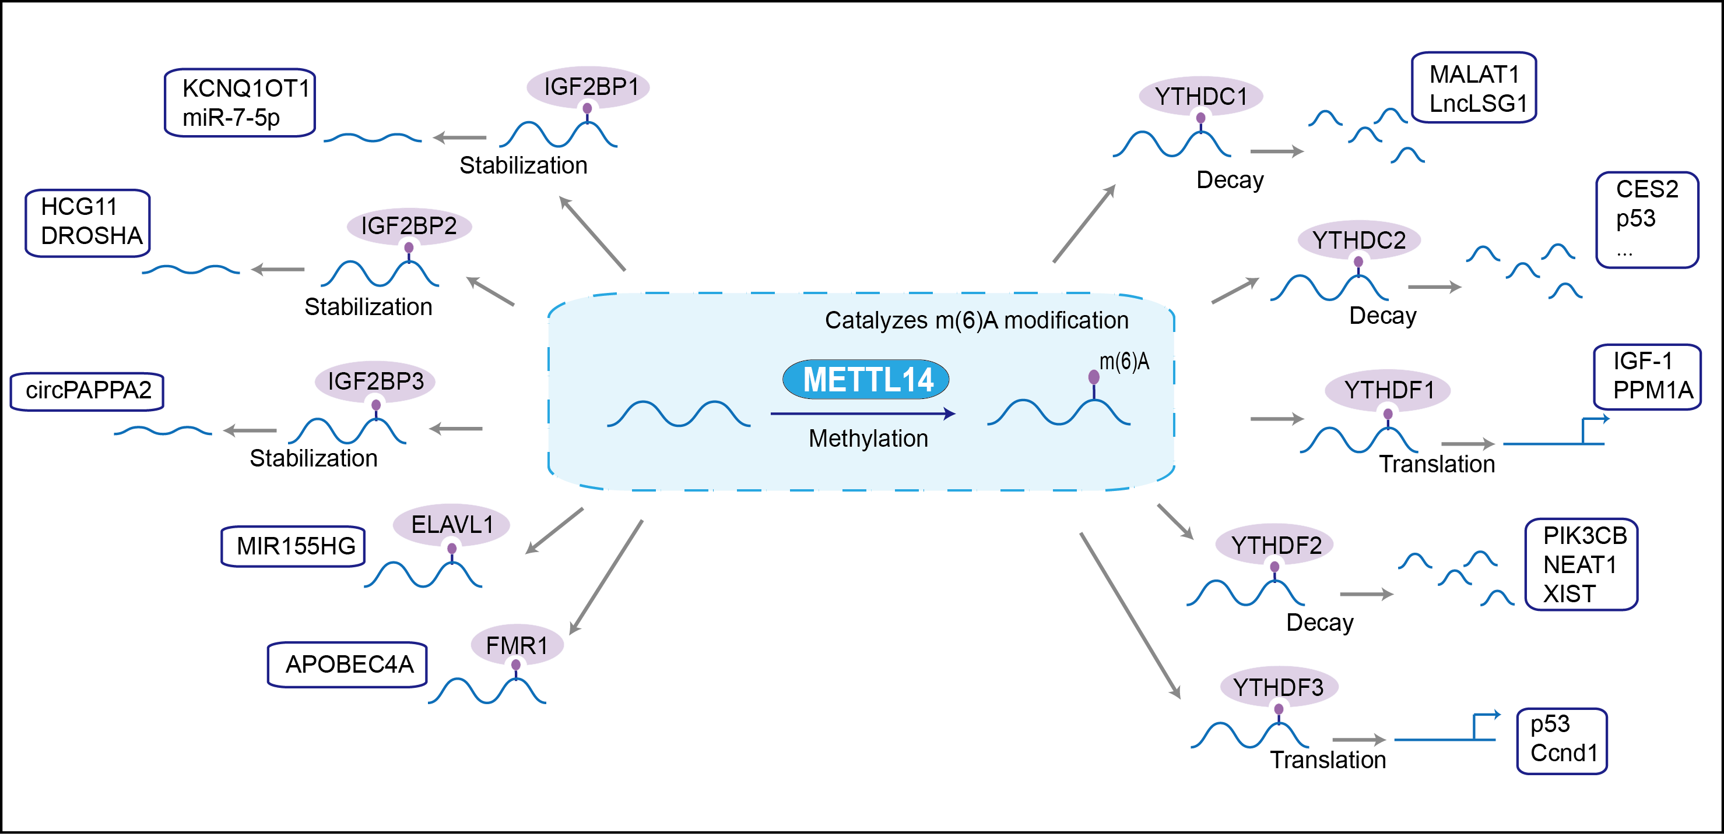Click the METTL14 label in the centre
coord(868,379)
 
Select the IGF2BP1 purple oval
coord(588,87)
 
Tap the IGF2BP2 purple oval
coord(409,226)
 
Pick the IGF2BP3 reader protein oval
coord(375,381)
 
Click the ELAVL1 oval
coord(451,524)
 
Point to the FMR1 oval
coord(517,645)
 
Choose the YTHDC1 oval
coord(1200,96)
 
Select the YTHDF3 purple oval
coord(1278,687)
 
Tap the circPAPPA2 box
coord(87,391)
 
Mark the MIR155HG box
coord(294,546)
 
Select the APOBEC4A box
coord(348,664)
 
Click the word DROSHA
coord(92,236)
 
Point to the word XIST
coord(1569,594)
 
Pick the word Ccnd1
coord(1564,753)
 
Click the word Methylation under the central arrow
coord(868,439)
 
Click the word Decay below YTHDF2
coord(1320,623)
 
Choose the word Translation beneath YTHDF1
coord(1437,464)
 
